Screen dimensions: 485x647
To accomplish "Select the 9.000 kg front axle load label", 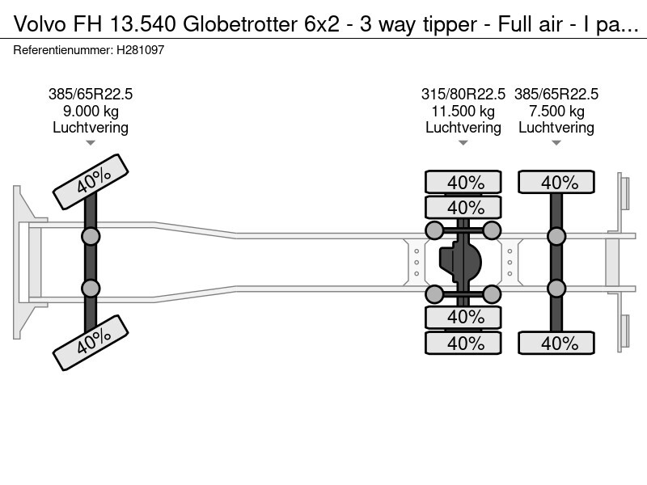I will [x=91, y=111].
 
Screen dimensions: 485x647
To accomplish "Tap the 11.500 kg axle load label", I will [x=463, y=111].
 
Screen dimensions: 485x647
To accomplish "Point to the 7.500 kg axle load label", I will [x=556, y=111].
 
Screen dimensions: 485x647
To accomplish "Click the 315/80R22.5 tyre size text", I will [x=463, y=95].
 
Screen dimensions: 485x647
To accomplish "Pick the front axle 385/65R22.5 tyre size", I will [x=91, y=95].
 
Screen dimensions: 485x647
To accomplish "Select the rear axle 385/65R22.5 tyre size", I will [x=556, y=95].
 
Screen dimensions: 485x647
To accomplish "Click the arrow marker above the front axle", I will [x=91, y=143].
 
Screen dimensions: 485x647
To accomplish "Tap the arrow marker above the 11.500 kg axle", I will [x=463, y=143].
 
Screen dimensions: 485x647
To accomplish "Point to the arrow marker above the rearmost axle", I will [x=556, y=143].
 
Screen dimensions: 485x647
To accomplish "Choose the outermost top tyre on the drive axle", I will [x=463, y=182].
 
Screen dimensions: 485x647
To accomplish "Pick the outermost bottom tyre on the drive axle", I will [x=463, y=343].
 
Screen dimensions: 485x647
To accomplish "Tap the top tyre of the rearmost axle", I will [x=556, y=182].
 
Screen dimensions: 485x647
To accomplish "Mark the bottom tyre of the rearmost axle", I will [x=556, y=343].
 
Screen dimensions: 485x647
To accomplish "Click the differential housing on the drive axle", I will [x=461, y=263].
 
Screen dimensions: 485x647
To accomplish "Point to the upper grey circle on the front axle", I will [x=91, y=237].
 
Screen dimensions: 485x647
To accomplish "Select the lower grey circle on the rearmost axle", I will [x=556, y=289].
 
